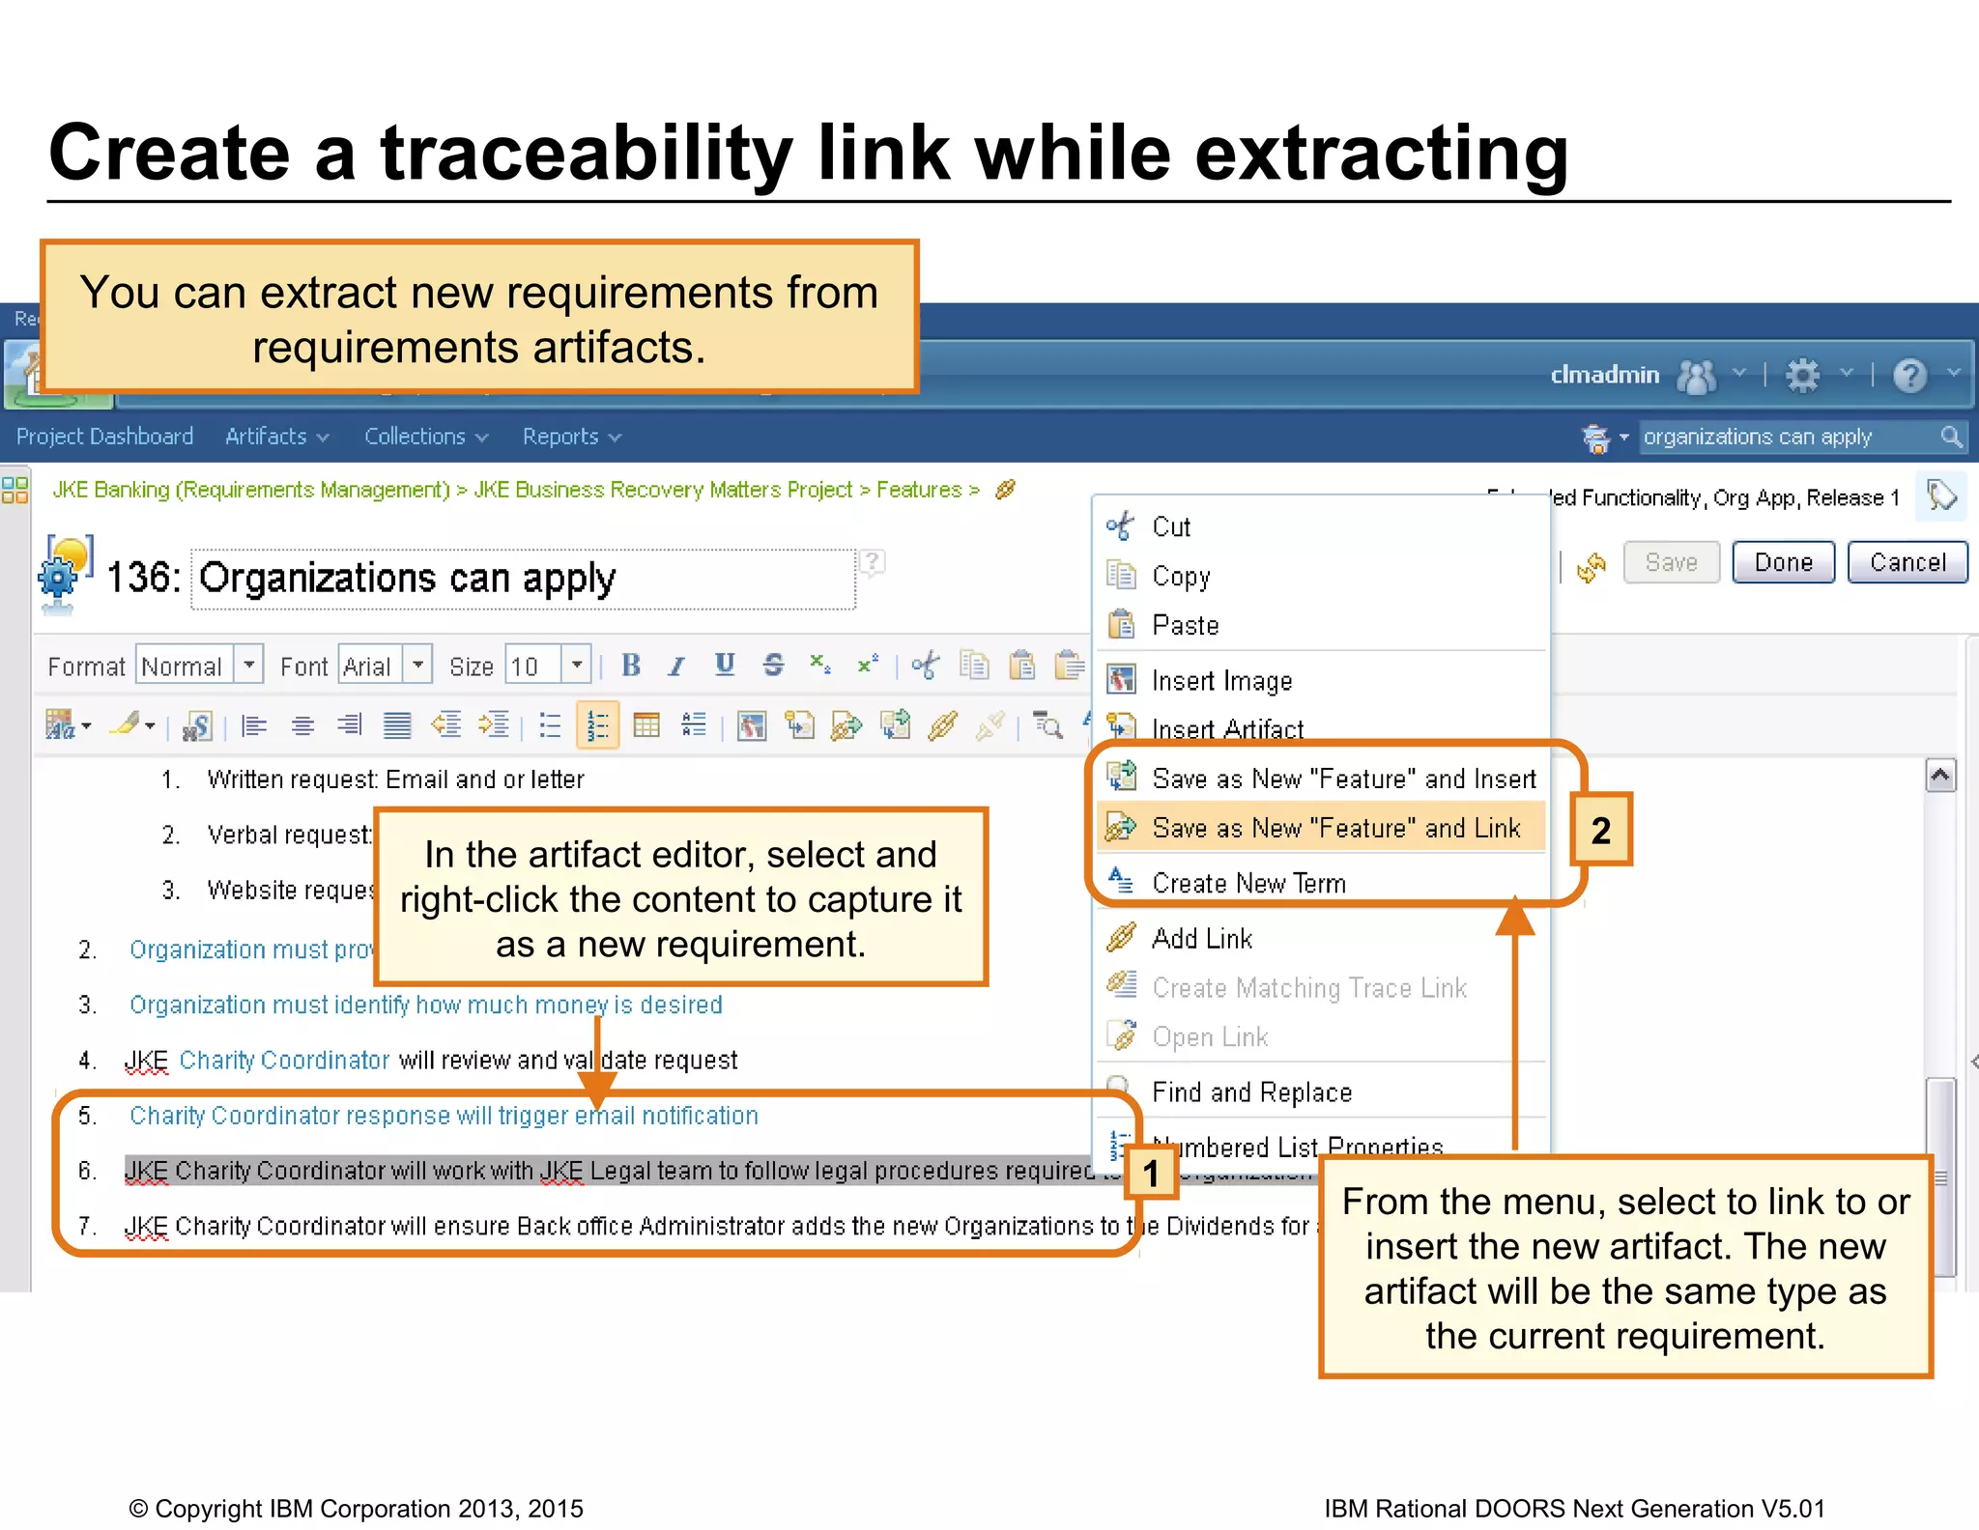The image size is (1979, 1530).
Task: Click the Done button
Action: tap(1783, 562)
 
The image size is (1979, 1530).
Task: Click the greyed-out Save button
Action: tap(1671, 562)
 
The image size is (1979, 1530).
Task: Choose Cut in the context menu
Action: tap(1171, 526)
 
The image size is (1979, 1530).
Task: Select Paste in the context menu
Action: tap(1185, 625)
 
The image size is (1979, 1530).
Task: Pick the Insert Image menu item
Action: tap(1221, 681)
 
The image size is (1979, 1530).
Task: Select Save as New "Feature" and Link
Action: tap(1335, 828)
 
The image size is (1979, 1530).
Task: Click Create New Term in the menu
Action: tap(1248, 883)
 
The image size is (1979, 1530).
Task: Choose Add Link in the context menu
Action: tap(1202, 938)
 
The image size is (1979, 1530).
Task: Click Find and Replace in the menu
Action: tap(1251, 1091)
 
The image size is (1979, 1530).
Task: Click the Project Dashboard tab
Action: tap(104, 437)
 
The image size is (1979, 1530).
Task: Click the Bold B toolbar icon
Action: tap(631, 666)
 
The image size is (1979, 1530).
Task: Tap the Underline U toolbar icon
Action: tap(725, 665)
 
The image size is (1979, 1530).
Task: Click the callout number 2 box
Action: tap(1600, 830)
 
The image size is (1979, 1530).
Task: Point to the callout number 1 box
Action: tap(1151, 1174)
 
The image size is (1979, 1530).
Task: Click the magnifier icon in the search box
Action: tap(1951, 437)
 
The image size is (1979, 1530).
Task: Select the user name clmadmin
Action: tap(1604, 375)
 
